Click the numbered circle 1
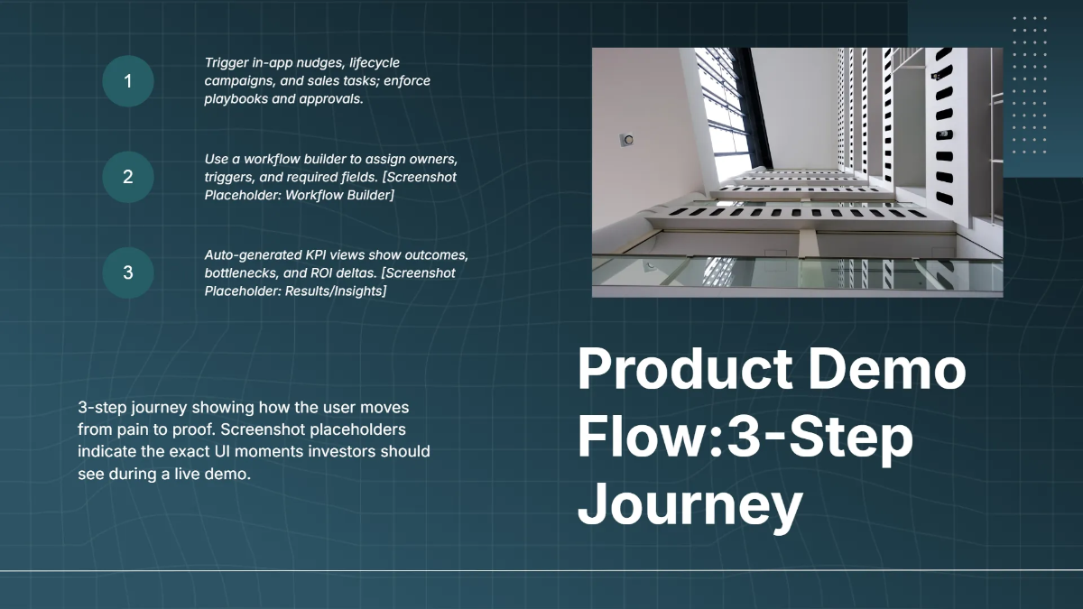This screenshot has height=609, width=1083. coord(128,81)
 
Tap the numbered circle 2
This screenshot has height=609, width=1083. coord(128,177)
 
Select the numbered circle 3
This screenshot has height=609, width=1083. coord(128,272)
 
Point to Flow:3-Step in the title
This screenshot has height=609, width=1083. coord(745,438)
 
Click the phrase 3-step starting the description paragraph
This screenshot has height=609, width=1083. coord(104,408)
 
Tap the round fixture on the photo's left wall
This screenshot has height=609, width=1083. coord(626,140)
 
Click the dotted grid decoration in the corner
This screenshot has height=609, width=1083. coord(1030,85)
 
